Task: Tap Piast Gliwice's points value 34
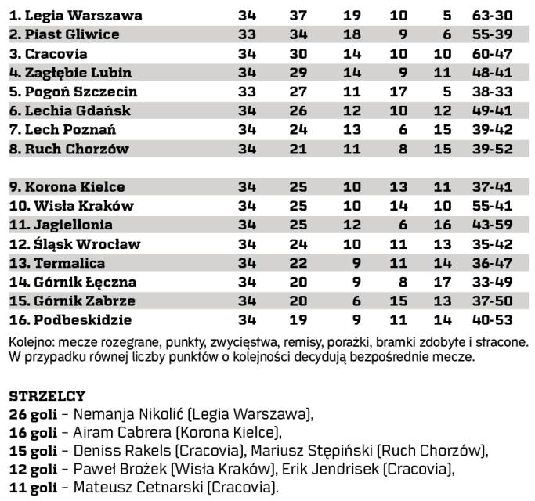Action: pyautogui.click(x=298, y=34)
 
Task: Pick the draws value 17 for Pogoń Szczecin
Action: pyautogui.click(x=399, y=92)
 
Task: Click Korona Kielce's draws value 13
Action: pyautogui.click(x=399, y=187)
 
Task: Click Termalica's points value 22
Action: pyautogui.click(x=298, y=263)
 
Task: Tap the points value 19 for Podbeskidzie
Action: pyautogui.click(x=298, y=320)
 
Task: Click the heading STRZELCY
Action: pyautogui.click(x=46, y=396)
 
